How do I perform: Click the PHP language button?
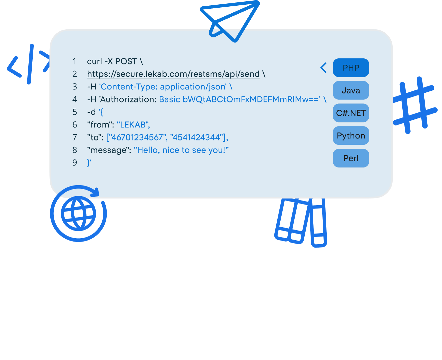click(x=351, y=68)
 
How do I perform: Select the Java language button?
click(x=351, y=90)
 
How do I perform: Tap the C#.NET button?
click(x=351, y=113)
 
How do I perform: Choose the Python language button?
click(x=351, y=136)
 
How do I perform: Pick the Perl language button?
click(x=351, y=158)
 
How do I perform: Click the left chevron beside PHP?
click(x=323, y=68)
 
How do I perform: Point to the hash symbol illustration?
click(x=414, y=104)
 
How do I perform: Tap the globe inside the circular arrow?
click(x=79, y=214)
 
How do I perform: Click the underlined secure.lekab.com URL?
click(x=173, y=74)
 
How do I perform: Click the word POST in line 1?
click(x=126, y=61)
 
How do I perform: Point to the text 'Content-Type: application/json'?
click(x=163, y=87)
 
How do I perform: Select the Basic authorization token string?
click(x=240, y=99)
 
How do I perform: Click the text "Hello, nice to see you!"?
click(x=181, y=150)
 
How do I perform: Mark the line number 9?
click(x=75, y=163)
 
